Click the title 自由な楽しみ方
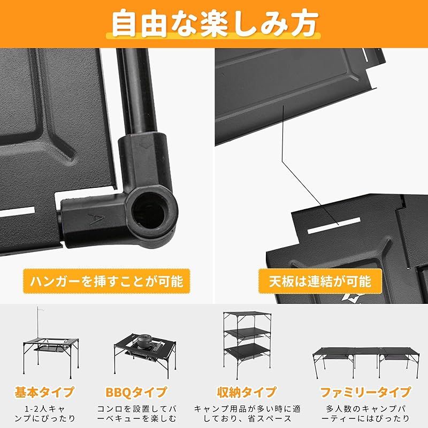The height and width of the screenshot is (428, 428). click(214, 22)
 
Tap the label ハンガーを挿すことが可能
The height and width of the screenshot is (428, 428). click(106, 280)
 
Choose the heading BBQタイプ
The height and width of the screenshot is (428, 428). click(141, 392)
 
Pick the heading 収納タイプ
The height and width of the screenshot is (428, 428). click(247, 392)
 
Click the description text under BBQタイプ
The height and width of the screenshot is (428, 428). click(141, 413)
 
